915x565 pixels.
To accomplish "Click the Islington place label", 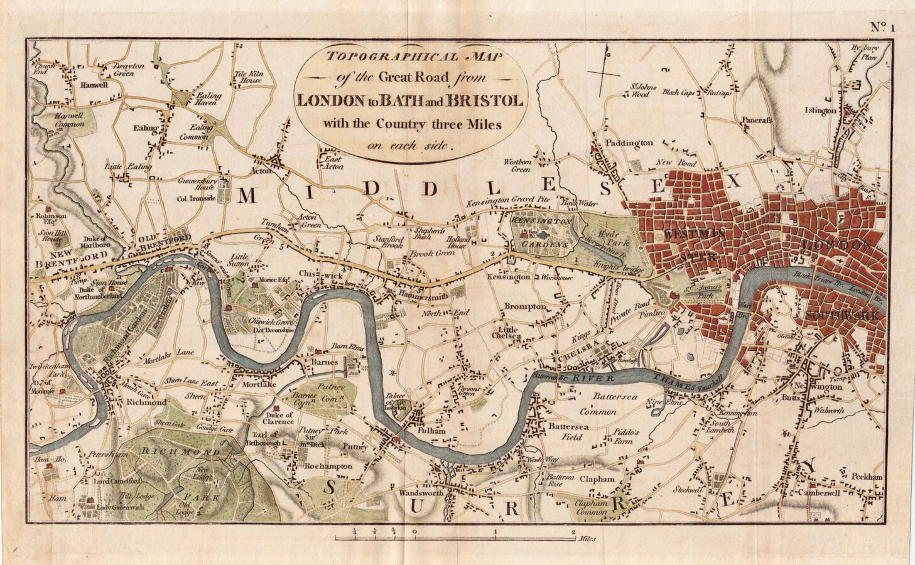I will [820, 111].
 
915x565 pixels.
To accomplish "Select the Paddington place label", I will [629, 143].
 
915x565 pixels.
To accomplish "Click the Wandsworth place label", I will [421, 493].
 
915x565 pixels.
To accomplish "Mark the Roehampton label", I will [328, 466].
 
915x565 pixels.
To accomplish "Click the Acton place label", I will [262, 171].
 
